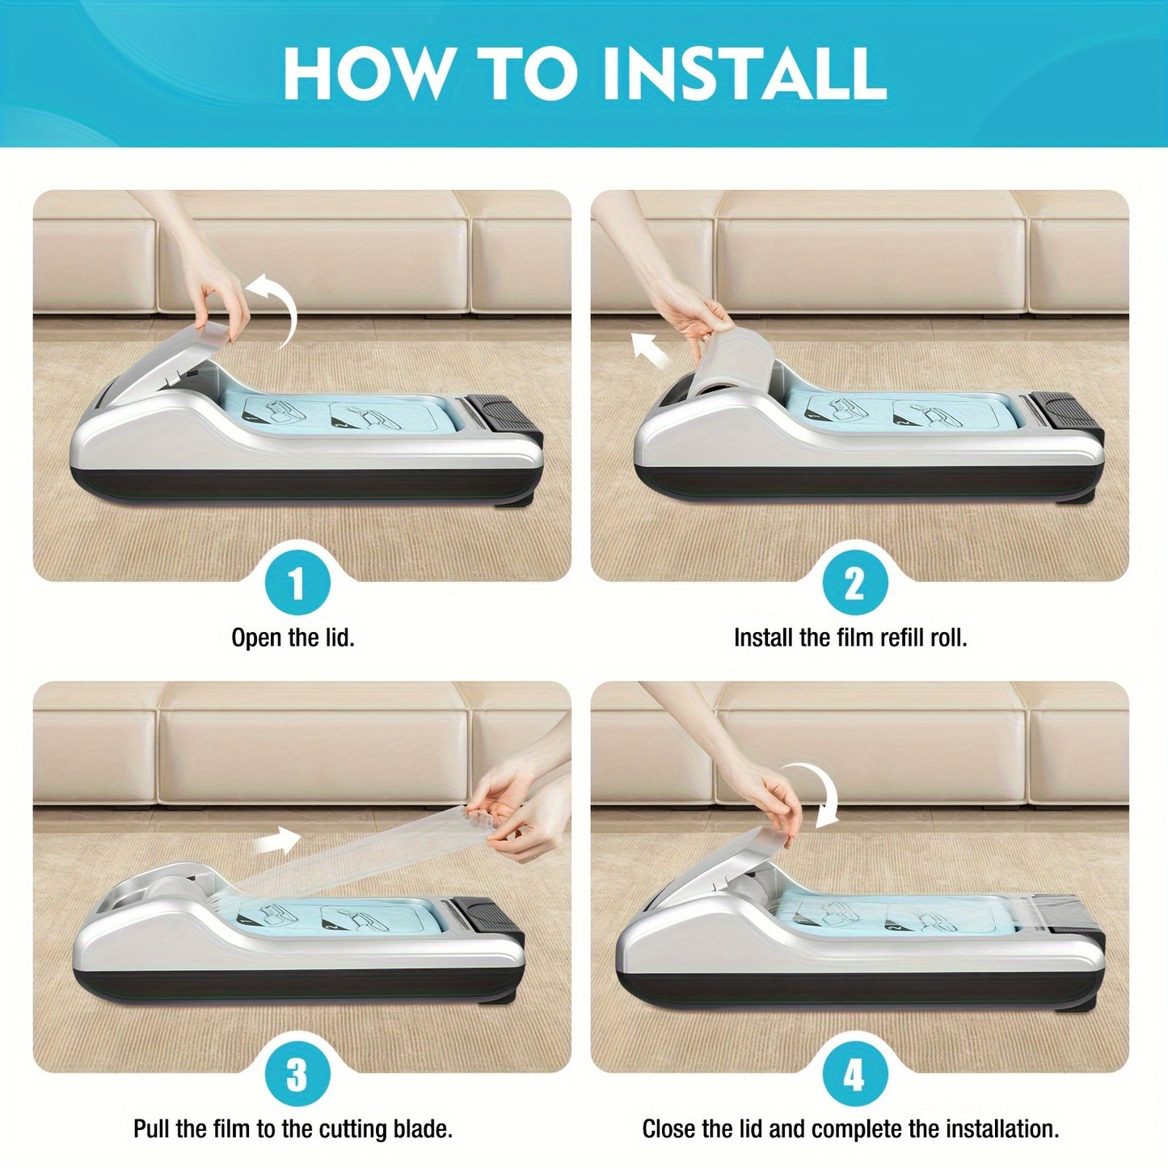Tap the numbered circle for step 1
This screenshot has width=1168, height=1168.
(x=297, y=584)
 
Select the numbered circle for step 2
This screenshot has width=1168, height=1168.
(x=855, y=584)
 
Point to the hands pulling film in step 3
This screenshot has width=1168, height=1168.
(x=522, y=805)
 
